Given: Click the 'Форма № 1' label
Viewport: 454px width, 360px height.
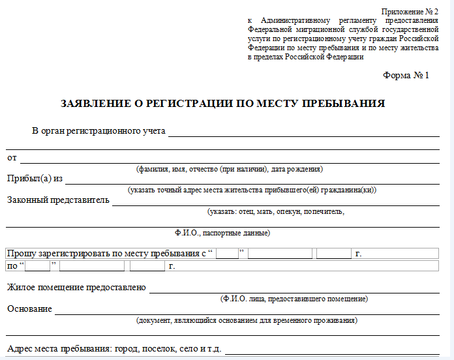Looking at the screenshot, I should click(x=406, y=75).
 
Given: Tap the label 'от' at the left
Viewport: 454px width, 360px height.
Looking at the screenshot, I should click(x=12, y=158).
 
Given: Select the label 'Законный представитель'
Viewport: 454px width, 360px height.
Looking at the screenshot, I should click(x=58, y=200).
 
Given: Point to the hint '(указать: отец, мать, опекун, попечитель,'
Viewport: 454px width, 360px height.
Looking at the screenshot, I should click(x=275, y=211).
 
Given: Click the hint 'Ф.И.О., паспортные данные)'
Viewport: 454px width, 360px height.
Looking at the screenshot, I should click(x=222, y=232).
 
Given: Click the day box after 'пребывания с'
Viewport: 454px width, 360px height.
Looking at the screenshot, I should click(x=228, y=254).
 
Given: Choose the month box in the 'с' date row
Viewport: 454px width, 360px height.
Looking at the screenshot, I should click(x=280, y=254).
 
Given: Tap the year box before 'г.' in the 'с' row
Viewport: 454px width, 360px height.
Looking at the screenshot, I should click(x=333, y=254).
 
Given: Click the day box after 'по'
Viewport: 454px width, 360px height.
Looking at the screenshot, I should click(x=38, y=266).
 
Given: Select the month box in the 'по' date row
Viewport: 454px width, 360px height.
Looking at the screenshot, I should click(x=91, y=266).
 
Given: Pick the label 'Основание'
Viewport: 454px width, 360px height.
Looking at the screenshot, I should click(x=29, y=308).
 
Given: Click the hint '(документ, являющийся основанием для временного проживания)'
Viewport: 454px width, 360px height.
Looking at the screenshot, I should click(x=247, y=320).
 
